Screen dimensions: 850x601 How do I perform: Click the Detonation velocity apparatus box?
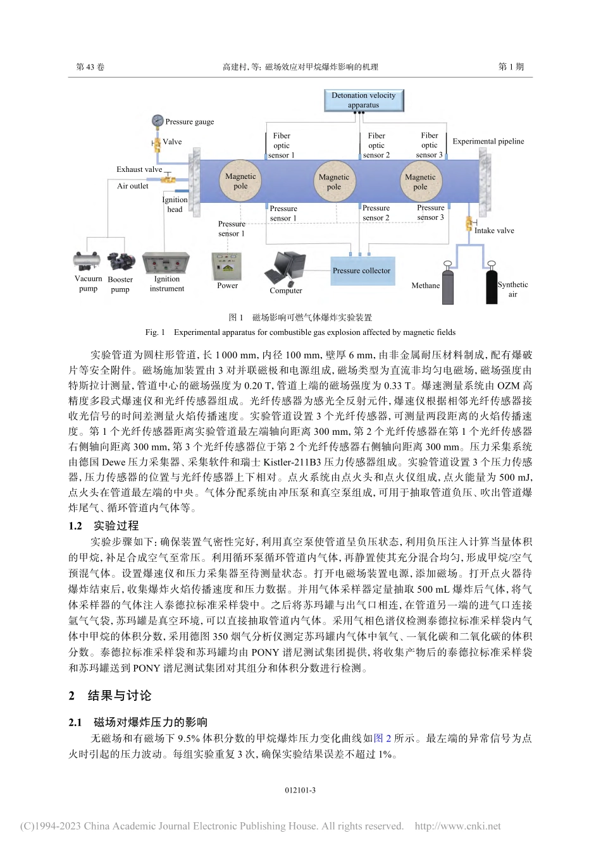pyautogui.click(x=363, y=100)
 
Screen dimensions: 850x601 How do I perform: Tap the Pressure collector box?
pyautogui.click(x=362, y=270)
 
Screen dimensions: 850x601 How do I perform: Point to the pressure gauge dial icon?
pyautogui.click(x=158, y=121)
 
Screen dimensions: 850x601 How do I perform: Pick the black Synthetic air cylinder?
pyautogui.click(x=492, y=284)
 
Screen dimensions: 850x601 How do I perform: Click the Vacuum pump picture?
pyautogui.click(x=87, y=261)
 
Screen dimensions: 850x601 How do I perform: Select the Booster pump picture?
pyautogui.click(x=120, y=262)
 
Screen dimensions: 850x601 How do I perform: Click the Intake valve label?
pyautogui.click(x=494, y=231)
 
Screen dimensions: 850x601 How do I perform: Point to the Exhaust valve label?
pyautogui.click(x=139, y=169)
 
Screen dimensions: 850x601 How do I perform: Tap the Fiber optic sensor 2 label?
pyautogui.click(x=376, y=145)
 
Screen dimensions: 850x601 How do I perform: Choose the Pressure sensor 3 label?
pyautogui.click(x=430, y=212)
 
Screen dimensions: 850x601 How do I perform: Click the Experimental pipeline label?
pyautogui.click(x=488, y=142)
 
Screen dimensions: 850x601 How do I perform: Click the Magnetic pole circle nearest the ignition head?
pyautogui.click(x=240, y=181)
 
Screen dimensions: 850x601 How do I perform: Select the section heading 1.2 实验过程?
pyautogui.click(x=104, y=526)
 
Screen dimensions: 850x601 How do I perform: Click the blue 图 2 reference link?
pyautogui.click(x=383, y=738)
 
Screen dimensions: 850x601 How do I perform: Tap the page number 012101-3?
pyautogui.click(x=300, y=791)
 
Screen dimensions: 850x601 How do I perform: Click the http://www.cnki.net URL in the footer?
pyautogui.click(x=457, y=826)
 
